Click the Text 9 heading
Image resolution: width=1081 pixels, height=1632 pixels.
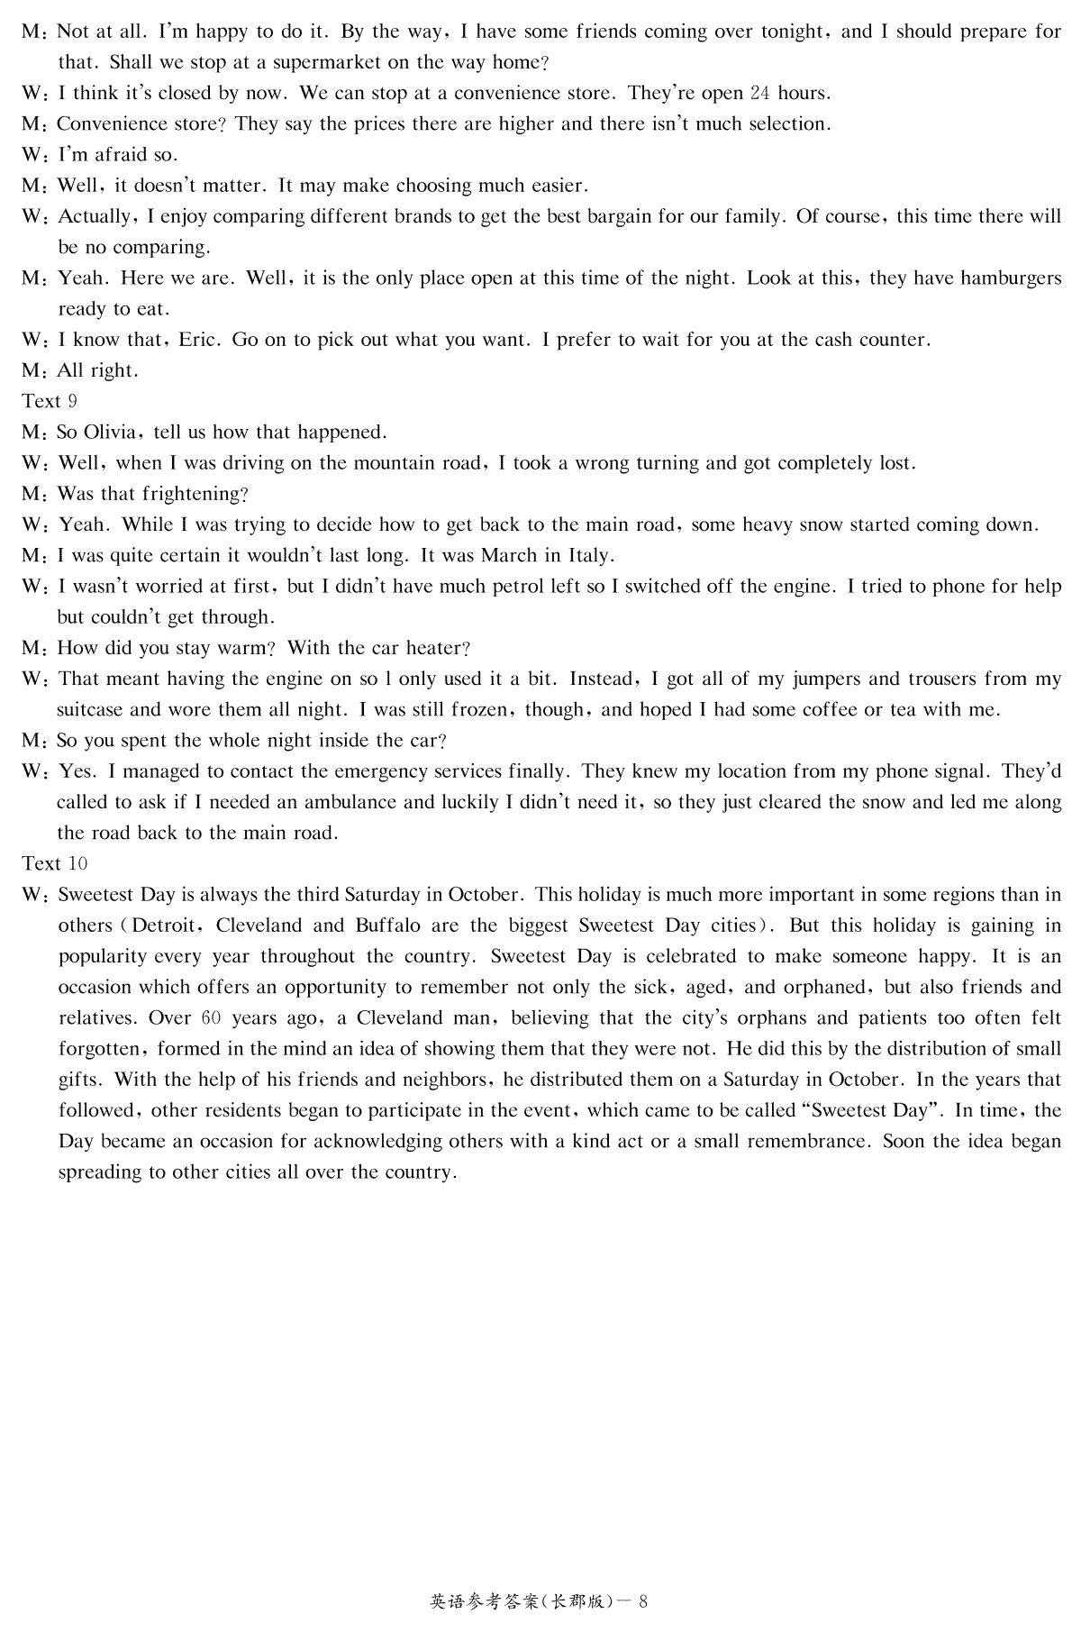[x=50, y=401]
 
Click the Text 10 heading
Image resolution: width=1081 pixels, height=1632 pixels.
[x=54, y=863]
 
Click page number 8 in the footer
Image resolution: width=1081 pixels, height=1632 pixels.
[x=643, y=1601]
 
